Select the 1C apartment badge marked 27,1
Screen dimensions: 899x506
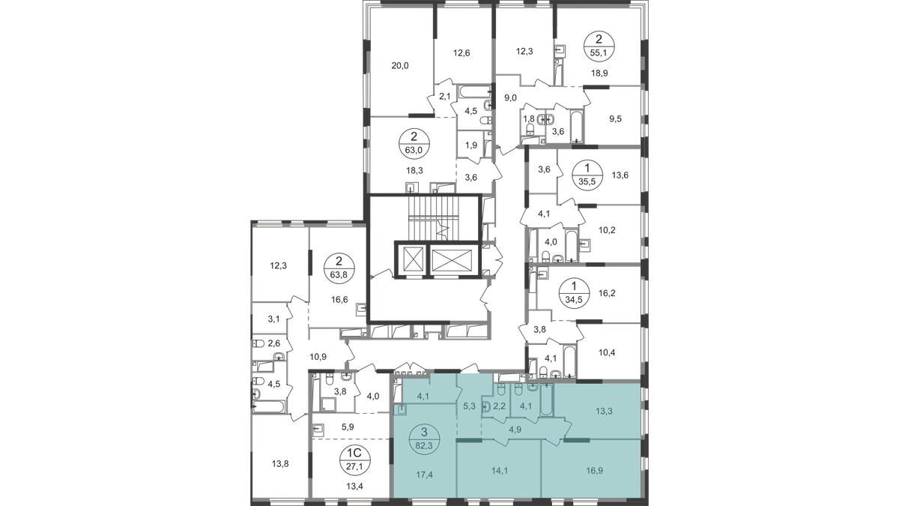tap(355, 460)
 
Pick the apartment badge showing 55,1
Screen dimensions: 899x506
tap(599, 46)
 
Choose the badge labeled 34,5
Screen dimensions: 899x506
tap(574, 293)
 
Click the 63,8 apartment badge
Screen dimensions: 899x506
tap(339, 268)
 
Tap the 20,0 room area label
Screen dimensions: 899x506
tap(400, 66)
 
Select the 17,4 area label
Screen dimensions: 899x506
tap(425, 475)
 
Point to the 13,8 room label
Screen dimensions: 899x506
tap(280, 464)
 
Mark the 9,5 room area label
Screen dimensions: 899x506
tap(615, 119)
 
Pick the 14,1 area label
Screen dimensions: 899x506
tap(500, 470)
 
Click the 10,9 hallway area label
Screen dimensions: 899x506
tap(318, 356)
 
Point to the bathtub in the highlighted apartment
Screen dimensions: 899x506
tap(547, 400)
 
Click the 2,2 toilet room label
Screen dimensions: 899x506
tap(499, 406)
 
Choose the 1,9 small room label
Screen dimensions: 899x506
tap(470, 145)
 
